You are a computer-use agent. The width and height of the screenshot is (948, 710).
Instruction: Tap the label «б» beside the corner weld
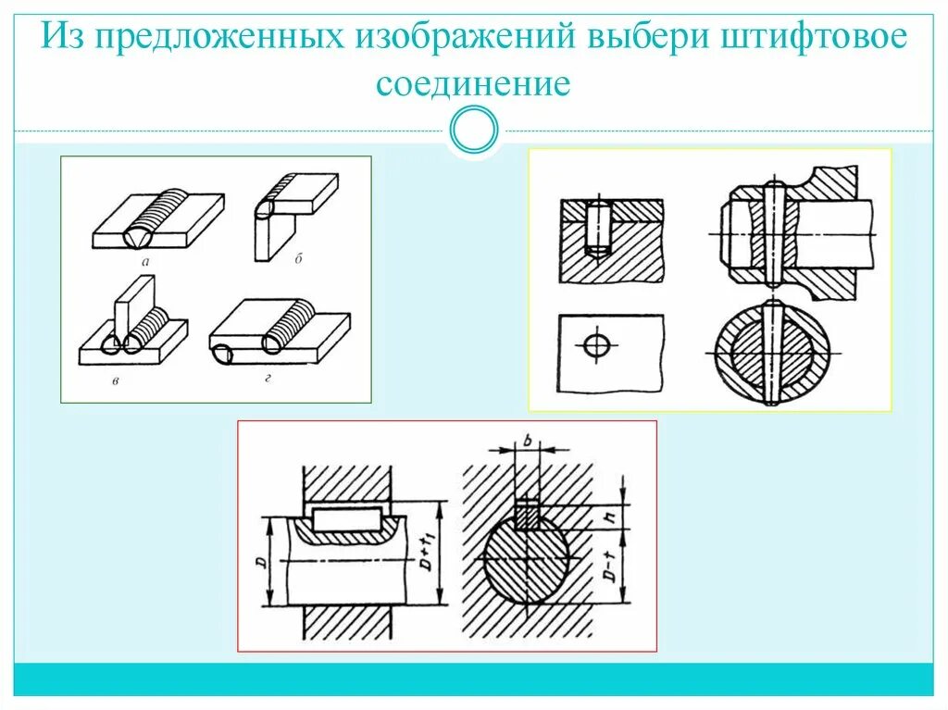point(299,259)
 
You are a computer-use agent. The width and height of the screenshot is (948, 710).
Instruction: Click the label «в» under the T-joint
point(115,380)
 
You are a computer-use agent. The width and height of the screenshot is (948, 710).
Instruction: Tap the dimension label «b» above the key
point(527,442)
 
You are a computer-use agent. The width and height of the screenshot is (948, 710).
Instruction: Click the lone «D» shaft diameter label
point(262,561)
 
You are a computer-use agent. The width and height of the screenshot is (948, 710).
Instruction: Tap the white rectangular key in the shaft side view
point(347,519)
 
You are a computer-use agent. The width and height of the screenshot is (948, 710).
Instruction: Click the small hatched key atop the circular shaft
point(527,514)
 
